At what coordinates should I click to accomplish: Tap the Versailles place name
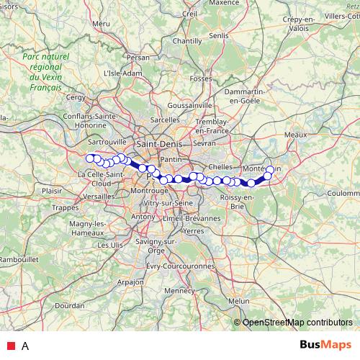tap(98, 196)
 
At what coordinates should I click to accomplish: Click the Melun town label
tap(238, 301)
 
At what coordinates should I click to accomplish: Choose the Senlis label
tap(218, 35)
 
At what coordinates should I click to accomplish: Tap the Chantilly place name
tap(187, 41)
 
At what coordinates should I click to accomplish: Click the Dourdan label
tap(69, 305)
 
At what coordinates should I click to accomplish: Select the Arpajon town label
tap(130, 282)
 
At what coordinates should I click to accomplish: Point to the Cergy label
tap(76, 96)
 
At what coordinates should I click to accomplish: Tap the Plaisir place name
tap(53, 191)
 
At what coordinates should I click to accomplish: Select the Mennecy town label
tap(180, 291)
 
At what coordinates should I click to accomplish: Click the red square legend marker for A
tap(11, 346)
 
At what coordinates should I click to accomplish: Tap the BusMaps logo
tap(326, 345)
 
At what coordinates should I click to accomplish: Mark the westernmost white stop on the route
tap(90, 158)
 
